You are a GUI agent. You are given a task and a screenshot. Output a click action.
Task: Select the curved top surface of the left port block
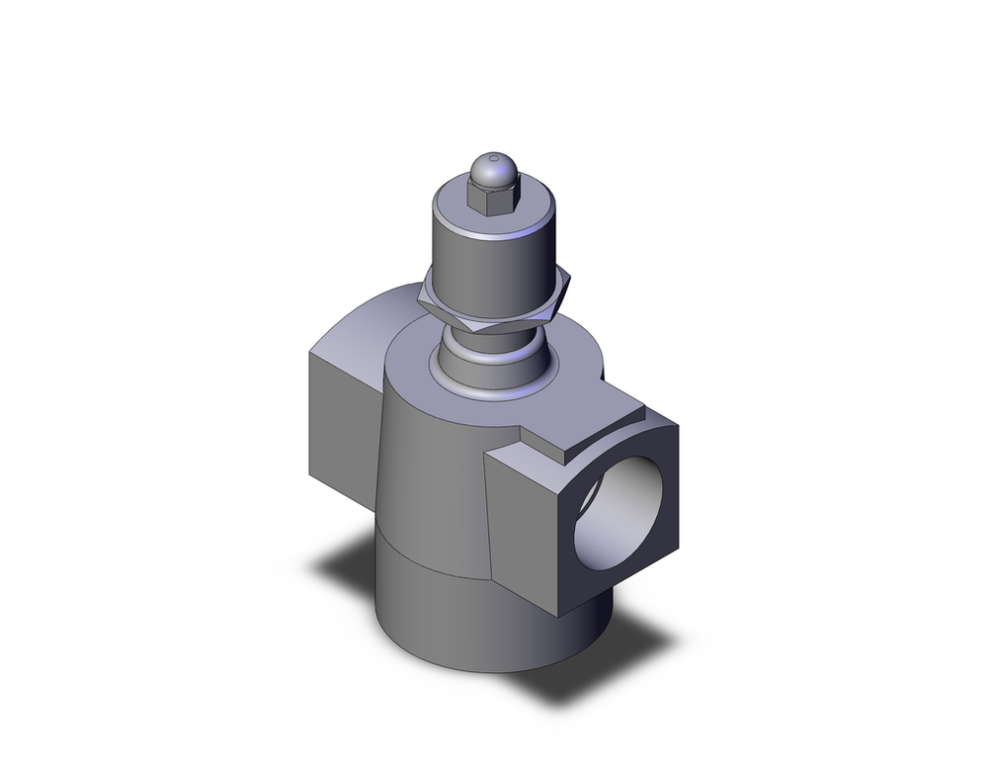click(366, 316)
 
